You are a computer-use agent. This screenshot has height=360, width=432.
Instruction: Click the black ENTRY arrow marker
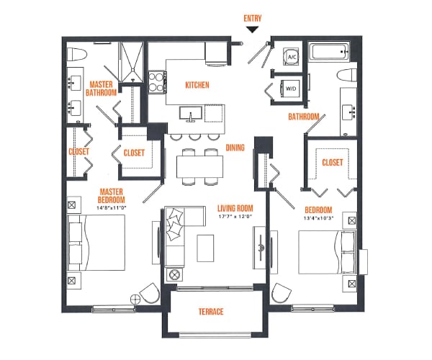(x=252, y=30)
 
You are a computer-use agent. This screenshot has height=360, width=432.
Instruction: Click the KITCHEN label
(x=197, y=85)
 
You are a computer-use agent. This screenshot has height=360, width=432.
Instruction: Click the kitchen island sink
(x=193, y=113)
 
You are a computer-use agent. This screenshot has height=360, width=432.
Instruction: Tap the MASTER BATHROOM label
(x=101, y=88)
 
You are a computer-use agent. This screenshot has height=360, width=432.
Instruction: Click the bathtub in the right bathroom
(x=328, y=53)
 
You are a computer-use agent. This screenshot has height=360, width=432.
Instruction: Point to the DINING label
(x=235, y=148)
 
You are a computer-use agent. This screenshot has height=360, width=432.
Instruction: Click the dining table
(x=200, y=166)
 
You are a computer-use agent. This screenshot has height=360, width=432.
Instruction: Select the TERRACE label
(x=211, y=311)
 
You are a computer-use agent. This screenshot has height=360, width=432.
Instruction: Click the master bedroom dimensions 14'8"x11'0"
(x=112, y=208)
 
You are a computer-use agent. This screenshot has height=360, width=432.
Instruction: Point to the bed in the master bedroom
(x=97, y=246)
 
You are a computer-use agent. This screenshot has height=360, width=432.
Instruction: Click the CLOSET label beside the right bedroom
(x=331, y=162)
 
